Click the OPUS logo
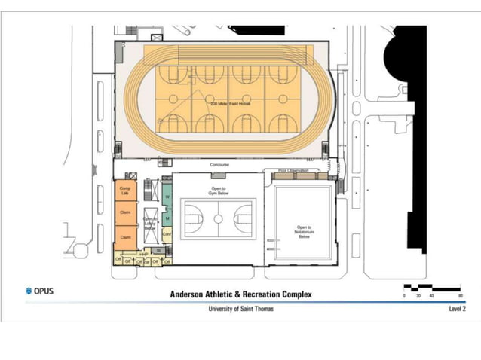pyautogui.click(x=39, y=291)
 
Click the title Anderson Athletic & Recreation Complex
pyautogui.click(x=240, y=294)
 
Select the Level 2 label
pyautogui.click(x=457, y=309)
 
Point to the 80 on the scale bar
pyautogui.click(x=460, y=296)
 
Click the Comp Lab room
pyautogui.click(x=125, y=191)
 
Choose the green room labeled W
pyautogui.click(x=167, y=197)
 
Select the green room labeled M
pyautogui.click(x=167, y=218)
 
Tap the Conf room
pyautogui.click(x=167, y=236)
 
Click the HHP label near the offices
pyautogui.click(x=142, y=255)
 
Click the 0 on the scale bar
pyautogui.click(x=405, y=296)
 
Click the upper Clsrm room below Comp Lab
pyautogui.click(x=125, y=213)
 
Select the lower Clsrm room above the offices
pyautogui.click(x=125, y=237)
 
